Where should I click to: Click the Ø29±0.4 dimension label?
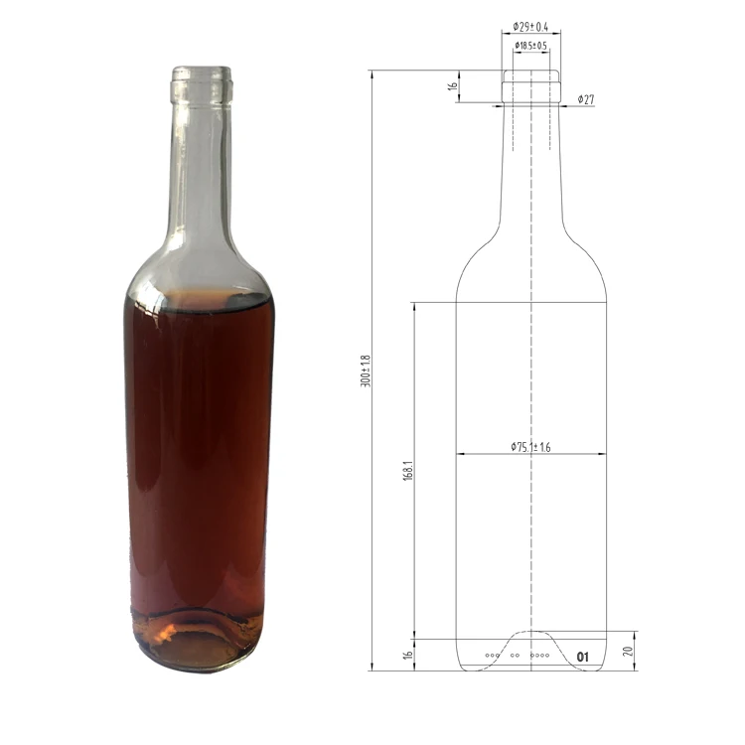click(530, 27)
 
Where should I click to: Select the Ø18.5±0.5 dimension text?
click(531, 46)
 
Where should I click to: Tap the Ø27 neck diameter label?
click(586, 99)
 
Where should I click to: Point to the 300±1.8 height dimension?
click(366, 371)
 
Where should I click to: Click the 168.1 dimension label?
click(408, 471)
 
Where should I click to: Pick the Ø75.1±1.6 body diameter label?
click(530, 447)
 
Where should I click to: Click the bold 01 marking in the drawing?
click(582, 658)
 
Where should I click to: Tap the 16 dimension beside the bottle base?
click(407, 655)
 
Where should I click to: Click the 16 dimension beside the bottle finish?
click(452, 86)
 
